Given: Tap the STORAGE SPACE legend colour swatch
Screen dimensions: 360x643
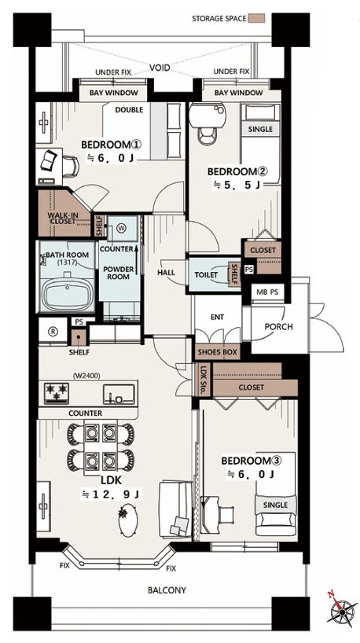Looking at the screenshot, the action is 257,18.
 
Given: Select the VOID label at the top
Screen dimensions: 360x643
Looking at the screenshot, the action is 160,68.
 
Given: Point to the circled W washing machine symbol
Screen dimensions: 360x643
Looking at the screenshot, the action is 123,229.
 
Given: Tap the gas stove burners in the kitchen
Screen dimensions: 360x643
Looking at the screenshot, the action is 56,391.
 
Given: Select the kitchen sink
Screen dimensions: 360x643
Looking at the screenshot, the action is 119,394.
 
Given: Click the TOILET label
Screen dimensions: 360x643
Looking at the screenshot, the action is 206,275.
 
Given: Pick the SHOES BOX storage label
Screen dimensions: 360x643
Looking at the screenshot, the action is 217,352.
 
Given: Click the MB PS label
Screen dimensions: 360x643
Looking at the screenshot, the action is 267,292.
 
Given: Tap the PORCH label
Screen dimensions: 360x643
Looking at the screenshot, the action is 279,327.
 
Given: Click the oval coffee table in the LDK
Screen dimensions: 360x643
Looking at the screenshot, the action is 128,520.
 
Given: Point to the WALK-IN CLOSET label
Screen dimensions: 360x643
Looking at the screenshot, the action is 61,219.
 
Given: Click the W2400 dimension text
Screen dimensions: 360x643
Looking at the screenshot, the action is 87,375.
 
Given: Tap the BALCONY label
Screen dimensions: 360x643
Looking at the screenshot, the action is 167,590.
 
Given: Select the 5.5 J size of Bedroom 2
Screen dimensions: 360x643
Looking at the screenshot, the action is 237,185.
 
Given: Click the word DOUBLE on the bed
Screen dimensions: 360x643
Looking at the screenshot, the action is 129,110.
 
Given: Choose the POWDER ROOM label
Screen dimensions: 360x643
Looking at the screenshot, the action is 119,273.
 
